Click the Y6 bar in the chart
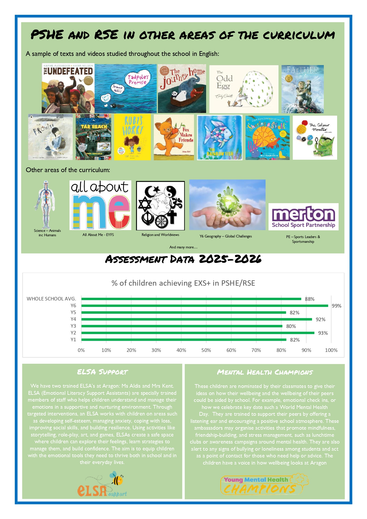point(205,306)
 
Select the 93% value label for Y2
point(323,333)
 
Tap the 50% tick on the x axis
point(206,350)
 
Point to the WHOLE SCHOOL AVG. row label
point(51,299)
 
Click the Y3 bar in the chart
point(182,326)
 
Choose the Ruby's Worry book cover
point(132,137)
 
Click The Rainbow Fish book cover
point(220,138)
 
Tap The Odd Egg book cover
point(244,89)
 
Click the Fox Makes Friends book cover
point(174,138)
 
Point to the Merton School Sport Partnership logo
point(303,217)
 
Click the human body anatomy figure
point(46,204)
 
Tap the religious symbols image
point(160,206)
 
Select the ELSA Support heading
point(102,372)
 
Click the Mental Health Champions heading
point(265,372)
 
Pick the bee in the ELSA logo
point(117,479)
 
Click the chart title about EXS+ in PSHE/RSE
point(183,283)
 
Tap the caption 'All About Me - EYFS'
point(98,235)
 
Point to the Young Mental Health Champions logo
point(264,485)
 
